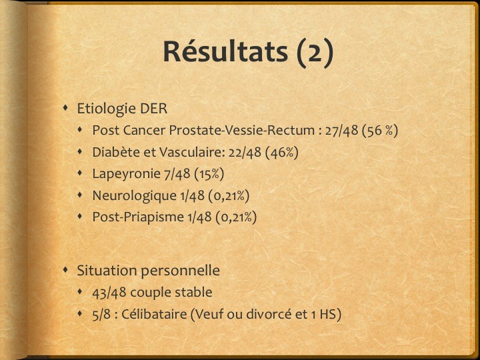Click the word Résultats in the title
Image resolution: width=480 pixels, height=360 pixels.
pos(225,51)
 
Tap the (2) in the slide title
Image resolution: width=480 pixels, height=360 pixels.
pos(315,53)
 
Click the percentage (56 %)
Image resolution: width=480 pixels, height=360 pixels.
pos(380,131)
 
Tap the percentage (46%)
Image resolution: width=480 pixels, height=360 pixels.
pos(281,153)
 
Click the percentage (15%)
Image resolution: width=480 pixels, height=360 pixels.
pos(209,174)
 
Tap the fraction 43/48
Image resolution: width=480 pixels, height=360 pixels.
pos(109,293)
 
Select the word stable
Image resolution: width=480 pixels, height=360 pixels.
pos(193,293)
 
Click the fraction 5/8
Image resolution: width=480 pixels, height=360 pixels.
pos(101,315)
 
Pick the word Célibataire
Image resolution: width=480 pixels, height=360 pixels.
pos(154,315)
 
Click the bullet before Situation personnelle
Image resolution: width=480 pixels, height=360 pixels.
pos(65,270)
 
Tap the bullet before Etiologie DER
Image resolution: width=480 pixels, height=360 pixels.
pos(65,108)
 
